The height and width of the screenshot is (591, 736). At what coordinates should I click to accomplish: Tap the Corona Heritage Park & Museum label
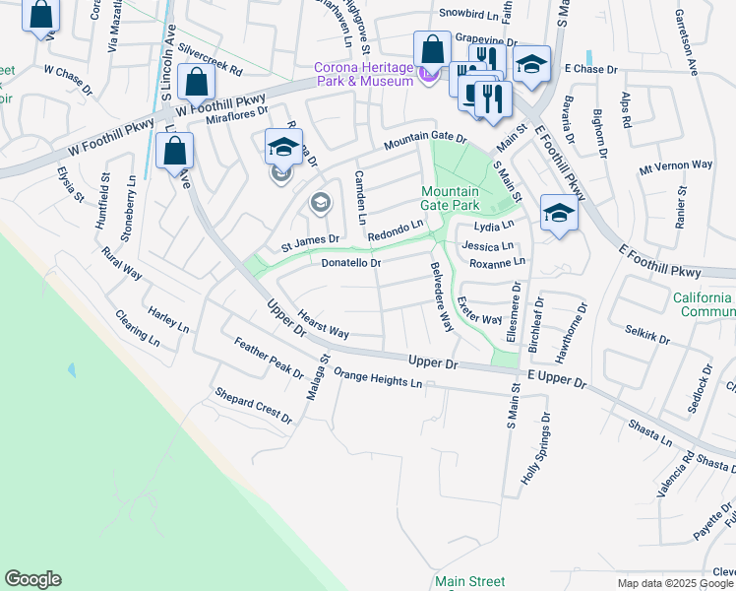point(362,74)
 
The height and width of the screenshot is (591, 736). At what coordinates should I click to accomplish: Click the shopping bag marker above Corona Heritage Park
point(432,49)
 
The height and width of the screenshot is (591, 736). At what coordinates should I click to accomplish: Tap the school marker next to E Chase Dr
point(531,65)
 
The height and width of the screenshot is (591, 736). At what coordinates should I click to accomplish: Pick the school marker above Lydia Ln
point(559,213)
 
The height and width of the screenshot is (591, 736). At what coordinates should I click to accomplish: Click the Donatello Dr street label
point(350,263)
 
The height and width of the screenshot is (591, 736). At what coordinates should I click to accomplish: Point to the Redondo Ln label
point(395,230)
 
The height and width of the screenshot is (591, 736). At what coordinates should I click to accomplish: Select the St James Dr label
point(310,239)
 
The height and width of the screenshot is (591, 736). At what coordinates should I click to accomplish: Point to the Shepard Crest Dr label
point(253,406)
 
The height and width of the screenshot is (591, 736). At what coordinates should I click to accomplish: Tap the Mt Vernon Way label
point(676,165)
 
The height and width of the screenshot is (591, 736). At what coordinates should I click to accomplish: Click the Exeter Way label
point(480,311)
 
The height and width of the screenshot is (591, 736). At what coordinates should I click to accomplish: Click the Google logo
point(32,579)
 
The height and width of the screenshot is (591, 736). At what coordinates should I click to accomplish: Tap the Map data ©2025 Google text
point(675,583)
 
